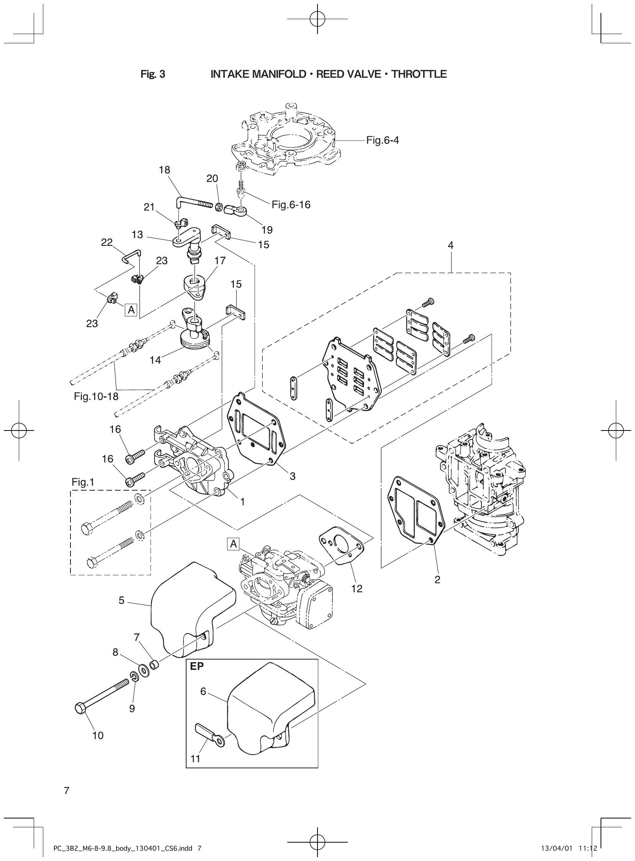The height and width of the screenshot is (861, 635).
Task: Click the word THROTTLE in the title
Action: point(419,74)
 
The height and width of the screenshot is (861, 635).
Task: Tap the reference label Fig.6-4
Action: point(382,140)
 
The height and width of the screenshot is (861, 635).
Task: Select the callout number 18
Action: point(165,170)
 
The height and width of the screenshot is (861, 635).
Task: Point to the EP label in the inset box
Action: point(197,666)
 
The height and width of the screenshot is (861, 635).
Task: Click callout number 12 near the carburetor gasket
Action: point(357,588)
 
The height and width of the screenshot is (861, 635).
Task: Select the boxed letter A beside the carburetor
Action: point(233,544)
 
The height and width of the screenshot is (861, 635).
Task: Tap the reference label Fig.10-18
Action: point(96,396)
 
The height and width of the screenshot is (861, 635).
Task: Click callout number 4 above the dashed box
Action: point(450,245)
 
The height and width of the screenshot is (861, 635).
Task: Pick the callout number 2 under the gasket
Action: point(437,579)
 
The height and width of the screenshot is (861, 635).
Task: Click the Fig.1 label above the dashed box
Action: point(83,482)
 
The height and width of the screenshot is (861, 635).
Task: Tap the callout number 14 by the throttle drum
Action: point(155,360)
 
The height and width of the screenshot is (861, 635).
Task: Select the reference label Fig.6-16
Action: point(291,205)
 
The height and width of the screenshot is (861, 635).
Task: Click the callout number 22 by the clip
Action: point(107,242)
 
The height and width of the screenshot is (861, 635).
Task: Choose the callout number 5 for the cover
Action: point(121,601)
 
